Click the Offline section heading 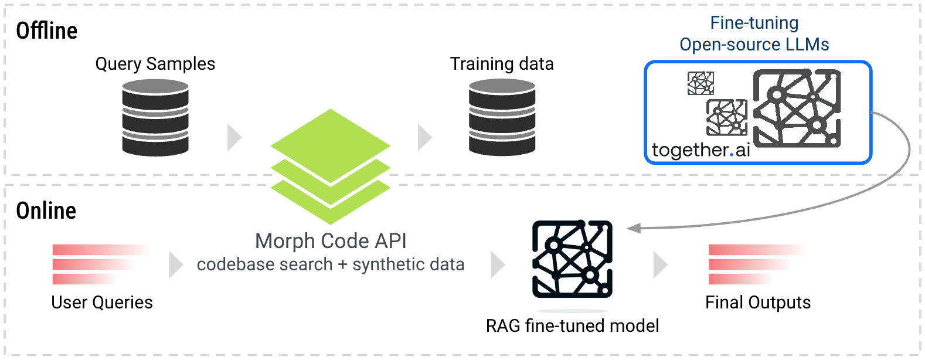[x=46, y=30]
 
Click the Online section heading [x=46, y=210]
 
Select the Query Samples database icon [x=155, y=117]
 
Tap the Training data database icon [x=502, y=117]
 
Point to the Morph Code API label [x=331, y=241]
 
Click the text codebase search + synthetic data [x=331, y=264]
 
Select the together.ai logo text [x=700, y=150]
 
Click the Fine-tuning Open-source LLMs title [x=754, y=33]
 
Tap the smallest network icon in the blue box [x=700, y=83]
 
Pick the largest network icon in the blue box [x=797, y=108]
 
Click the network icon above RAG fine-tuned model [x=572, y=259]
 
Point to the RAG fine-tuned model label [x=572, y=325]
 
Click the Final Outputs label [x=758, y=303]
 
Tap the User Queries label [x=102, y=303]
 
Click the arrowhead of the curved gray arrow [x=633, y=228]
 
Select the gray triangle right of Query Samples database [x=234, y=137]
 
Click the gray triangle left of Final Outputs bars [x=660, y=264]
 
